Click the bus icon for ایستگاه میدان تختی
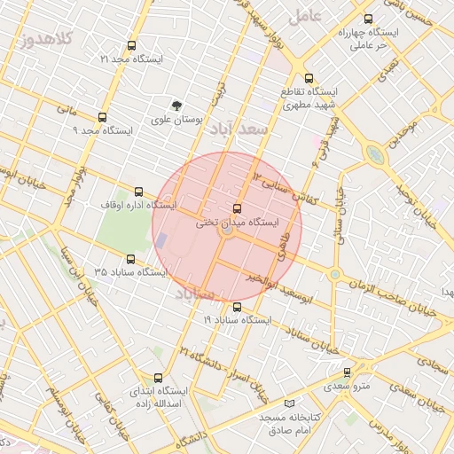pos(236,207)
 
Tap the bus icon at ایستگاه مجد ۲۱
pos(132,45)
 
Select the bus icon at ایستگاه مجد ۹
pos(102,117)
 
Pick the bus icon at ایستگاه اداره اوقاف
pos(138,192)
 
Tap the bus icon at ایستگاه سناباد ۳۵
pos(131,259)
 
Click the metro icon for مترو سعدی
pos(347,373)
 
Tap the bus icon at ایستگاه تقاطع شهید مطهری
pos(309,78)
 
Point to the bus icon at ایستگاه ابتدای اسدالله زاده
pos(159,377)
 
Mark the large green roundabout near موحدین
pos(377,157)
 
